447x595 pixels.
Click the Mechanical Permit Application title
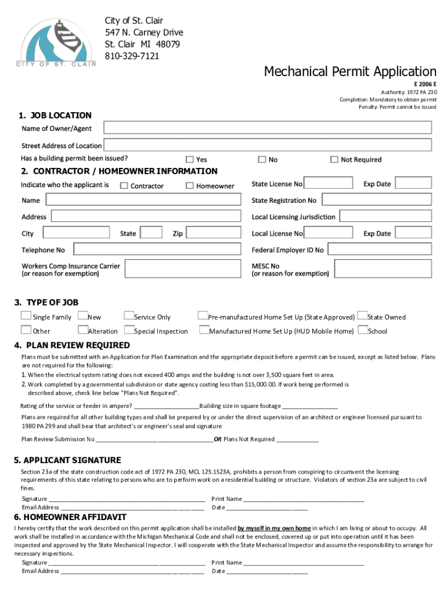pyautogui.click(x=349, y=71)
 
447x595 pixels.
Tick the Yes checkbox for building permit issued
pyautogui.click(x=190, y=159)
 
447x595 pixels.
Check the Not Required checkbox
pyautogui.click(x=334, y=159)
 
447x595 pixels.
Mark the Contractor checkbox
pyautogui.click(x=124, y=186)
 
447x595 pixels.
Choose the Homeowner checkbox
pyautogui.click(x=190, y=186)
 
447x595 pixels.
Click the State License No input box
pyautogui.click(x=328, y=183)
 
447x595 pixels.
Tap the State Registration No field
pyautogui.click(x=376, y=199)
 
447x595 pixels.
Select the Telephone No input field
pyautogui.click(x=154, y=249)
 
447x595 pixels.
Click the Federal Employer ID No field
pyautogui.click(x=380, y=249)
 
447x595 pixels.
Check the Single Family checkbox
pyautogui.click(x=26, y=316)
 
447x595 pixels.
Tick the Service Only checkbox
pyautogui.click(x=129, y=316)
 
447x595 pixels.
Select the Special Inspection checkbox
pyautogui.click(x=129, y=330)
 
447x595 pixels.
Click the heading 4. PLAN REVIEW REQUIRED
pyautogui.click(x=72, y=345)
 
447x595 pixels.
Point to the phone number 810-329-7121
pyautogui.click(x=132, y=56)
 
